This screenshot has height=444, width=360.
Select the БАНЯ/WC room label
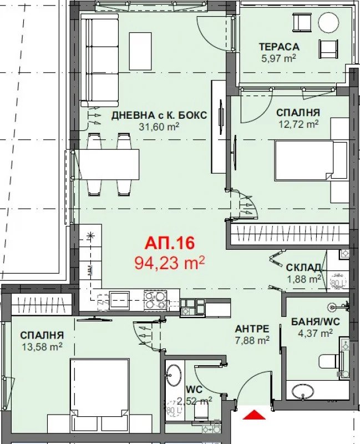[x=311, y=321]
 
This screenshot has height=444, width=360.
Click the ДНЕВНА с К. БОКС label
[x=159, y=115]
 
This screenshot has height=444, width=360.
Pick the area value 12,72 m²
[x=298, y=124]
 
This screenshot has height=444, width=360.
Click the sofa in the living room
[x=100, y=60]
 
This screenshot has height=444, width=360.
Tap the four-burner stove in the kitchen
[x=155, y=300]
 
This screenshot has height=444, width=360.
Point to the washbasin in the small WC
[x=174, y=376]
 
